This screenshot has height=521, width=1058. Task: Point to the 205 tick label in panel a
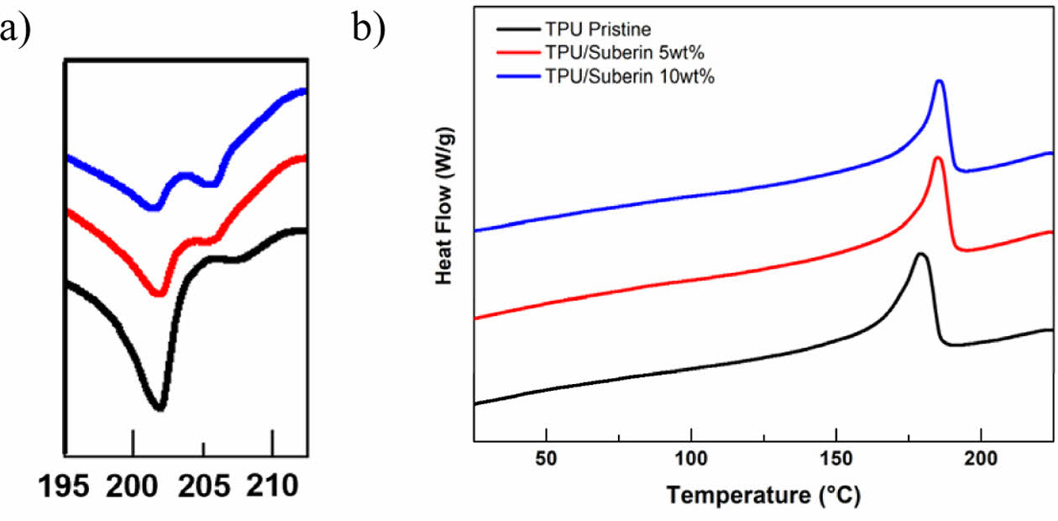[x=203, y=487]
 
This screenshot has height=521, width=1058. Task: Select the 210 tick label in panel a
[x=272, y=487]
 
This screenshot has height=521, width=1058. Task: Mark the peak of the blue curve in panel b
[x=939, y=82]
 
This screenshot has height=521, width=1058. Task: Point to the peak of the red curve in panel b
[x=937, y=159]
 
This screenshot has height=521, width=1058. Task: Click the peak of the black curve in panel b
[x=921, y=254]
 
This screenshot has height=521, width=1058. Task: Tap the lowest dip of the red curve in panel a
[x=158, y=293]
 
